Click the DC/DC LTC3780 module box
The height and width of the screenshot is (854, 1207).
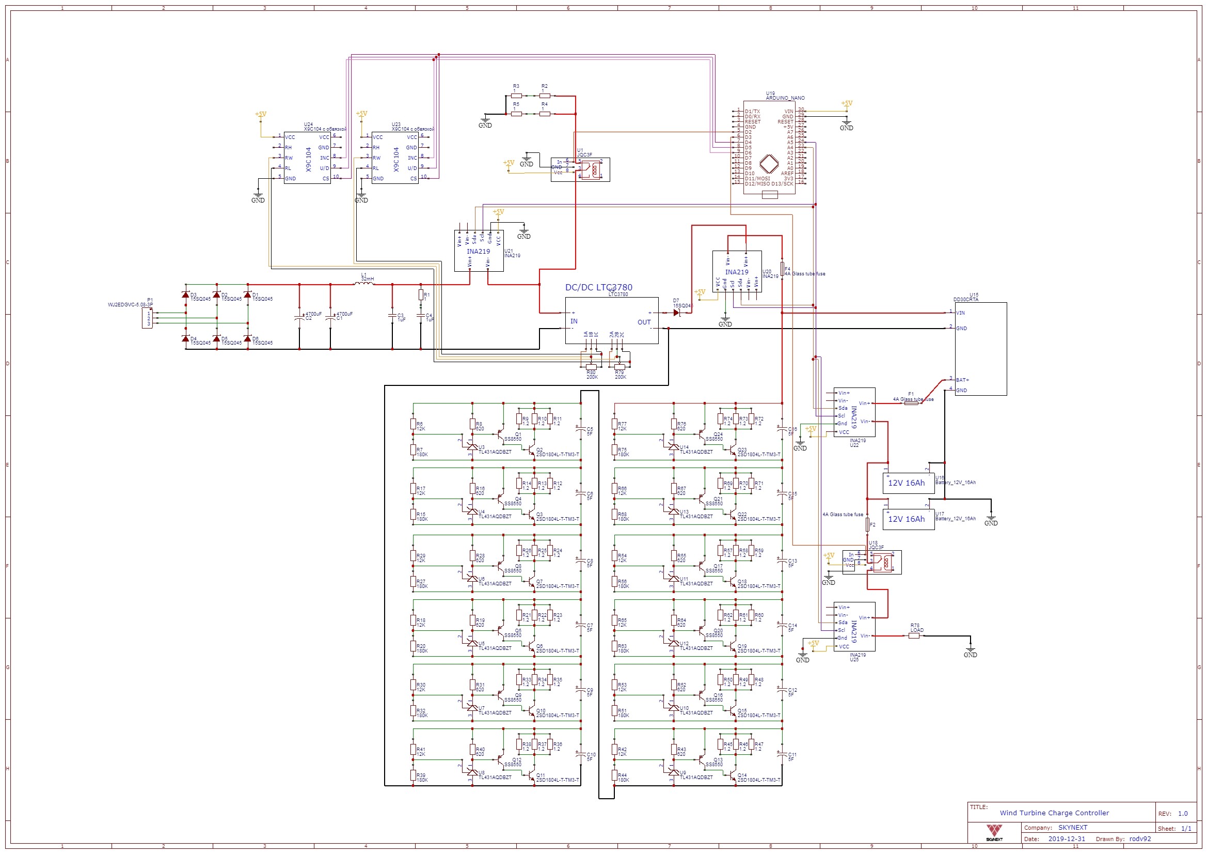point(611,320)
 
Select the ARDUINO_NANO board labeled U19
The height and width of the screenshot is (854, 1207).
point(769,148)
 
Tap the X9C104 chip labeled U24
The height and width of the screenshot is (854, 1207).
point(308,158)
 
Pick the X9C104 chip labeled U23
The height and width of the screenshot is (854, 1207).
point(395,158)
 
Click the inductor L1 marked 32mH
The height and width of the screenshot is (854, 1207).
point(364,284)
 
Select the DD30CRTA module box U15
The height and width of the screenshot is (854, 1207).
point(980,348)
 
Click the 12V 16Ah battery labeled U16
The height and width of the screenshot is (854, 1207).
point(908,483)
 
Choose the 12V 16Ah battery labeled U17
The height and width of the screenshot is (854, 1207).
point(908,519)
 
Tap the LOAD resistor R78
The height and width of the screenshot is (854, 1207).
point(914,635)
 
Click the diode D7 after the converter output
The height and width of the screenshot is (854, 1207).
point(677,313)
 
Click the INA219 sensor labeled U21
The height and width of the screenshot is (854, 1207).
point(479,251)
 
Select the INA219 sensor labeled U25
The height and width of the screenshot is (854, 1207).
point(854,626)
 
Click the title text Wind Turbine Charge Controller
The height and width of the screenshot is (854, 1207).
point(1054,813)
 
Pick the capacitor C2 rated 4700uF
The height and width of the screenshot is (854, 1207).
point(299,318)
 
